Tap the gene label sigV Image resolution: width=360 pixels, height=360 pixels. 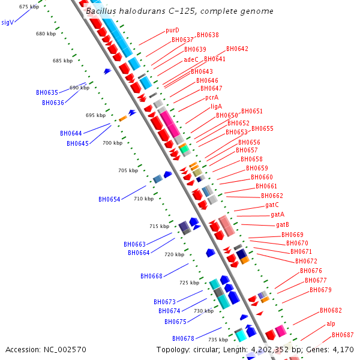tap(7, 22)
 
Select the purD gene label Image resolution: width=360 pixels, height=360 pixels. tap(172, 31)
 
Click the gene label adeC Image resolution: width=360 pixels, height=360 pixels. tap(191, 59)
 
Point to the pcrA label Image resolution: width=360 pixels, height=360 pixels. tap(211, 97)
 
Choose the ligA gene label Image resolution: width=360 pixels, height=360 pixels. tap(216, 106)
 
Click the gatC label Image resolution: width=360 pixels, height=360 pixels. tap(272, 205)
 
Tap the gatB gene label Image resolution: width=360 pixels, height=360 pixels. tap(283, 224)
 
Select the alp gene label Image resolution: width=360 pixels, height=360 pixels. tap(331, 324)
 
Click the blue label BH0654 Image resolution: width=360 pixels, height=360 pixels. tap(109, 199)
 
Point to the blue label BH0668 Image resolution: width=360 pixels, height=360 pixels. tap(151, 276)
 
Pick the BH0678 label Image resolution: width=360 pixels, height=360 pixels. tap(182, 338)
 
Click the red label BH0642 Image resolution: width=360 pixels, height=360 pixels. tap(237, 49)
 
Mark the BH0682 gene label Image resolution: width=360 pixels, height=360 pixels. tap(331, 311)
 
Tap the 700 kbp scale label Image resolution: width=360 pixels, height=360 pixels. tap(112, 143)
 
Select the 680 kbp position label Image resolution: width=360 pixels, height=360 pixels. tap(46, 34)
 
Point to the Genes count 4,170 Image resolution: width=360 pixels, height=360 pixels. tap(343, 349)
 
